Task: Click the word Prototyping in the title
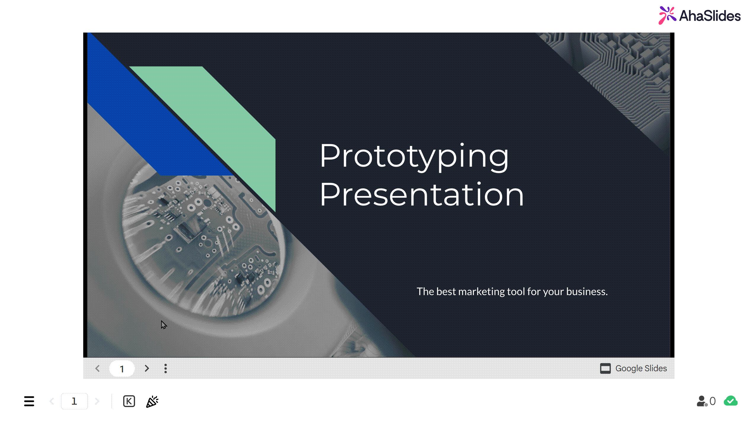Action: pyautogui.click(x=414, y=157)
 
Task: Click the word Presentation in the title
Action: pyautogui.click(x=422, y=195)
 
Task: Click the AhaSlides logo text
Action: pyautogui.click(x=710, y=16)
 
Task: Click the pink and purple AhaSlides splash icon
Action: pyautogui.click(x=667, y=15)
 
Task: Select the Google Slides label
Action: pyautogui.click(x=641, y=368)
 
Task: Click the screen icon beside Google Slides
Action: pyautogui.click(x=605, y=369)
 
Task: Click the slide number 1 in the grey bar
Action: pyautogui.click(x=122, y=369)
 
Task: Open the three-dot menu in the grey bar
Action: pyautogui.click(x=166, y=369)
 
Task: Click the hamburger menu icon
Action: pyautogui.click(x=29, y=401)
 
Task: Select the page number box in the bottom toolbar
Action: pyautogui.click(x=74, y=401)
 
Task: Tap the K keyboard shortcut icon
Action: pyautogui.click(x=129, y=401)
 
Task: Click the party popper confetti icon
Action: pyautogui.click(x=152, y=401)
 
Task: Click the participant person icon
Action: pyautogui.click(x=702, y=401)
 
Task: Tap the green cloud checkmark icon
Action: pyautogui.click(x=730, y=401)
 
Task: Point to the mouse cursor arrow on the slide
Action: pyautogui.click(x=163, y=325)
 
